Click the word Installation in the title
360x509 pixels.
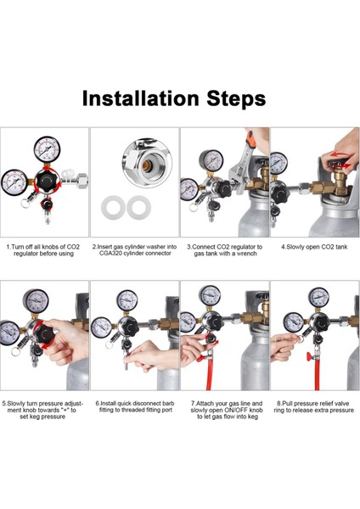[140, 98]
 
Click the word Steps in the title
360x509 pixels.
[236, 98]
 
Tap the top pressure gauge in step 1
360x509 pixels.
[47, 149]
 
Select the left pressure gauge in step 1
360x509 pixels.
[14, 182]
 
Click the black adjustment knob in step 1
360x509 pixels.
[48, 181]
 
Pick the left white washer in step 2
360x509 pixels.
[114, 208]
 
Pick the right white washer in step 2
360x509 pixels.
[139, 207]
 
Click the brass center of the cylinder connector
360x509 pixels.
[146, 165]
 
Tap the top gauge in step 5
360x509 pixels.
[36, 300]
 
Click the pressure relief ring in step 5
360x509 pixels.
[15, 351]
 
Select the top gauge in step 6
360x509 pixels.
[127, 300]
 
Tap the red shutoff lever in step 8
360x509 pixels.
[310, 356]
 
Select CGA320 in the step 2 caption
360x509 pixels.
[110, 253]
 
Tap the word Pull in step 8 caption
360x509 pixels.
[287, 404]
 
